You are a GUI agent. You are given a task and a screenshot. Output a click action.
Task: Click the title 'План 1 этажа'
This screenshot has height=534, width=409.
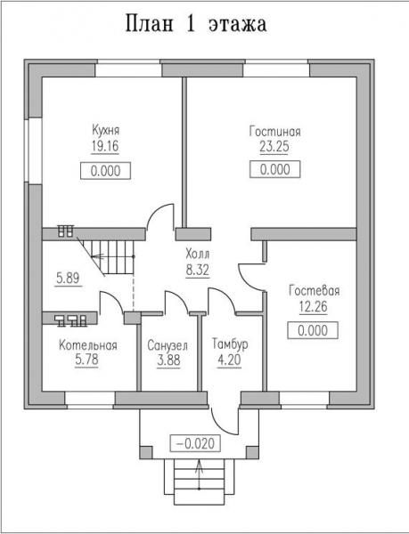pos(196,24)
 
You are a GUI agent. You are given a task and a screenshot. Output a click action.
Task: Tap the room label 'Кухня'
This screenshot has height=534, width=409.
pos(106,131)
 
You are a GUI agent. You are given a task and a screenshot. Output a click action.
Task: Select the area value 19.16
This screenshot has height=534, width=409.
pos(105,146)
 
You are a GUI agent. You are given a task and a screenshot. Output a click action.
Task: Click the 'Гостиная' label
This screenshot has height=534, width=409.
pos(274,131)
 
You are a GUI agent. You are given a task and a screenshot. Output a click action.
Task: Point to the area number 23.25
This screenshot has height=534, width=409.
pos(274,147)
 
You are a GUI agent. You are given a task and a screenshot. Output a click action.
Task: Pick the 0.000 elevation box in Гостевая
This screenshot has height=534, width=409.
pos(313,330)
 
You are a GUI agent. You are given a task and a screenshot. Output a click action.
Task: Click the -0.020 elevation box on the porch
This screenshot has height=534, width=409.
pos(195,443)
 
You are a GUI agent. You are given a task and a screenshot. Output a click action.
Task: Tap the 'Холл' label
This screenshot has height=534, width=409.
pos(197,254)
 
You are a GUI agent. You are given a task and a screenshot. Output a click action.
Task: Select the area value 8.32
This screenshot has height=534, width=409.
pos(197,270)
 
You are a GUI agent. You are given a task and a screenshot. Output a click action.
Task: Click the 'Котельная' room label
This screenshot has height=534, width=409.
pos(88,345)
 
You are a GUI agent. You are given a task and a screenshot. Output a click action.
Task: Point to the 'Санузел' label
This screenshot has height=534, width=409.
pos(168,345)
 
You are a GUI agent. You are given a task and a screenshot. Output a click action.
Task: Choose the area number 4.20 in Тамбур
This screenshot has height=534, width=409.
pos(229,360)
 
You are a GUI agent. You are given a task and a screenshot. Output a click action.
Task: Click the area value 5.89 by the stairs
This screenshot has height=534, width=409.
pos(68,279)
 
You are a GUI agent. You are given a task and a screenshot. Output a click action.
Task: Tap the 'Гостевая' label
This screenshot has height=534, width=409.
pos(315,291)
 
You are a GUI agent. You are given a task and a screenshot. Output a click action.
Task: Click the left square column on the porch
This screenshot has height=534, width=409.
pos(146,452)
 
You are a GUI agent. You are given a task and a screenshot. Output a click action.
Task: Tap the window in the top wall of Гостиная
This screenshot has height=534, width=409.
pos(276,69)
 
